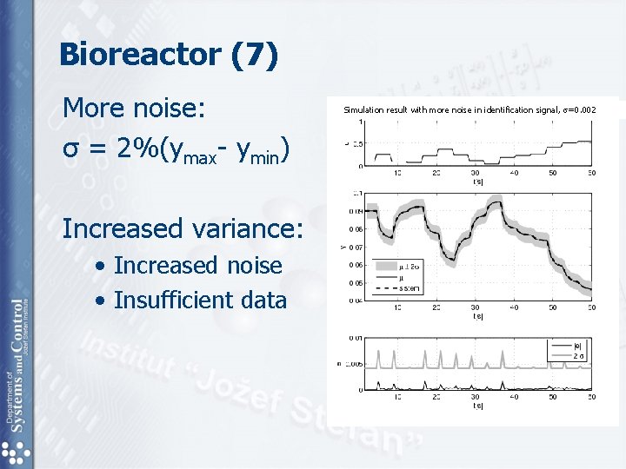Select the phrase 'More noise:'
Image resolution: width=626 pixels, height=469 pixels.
point(134,109)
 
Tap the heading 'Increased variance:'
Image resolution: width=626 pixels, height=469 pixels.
point(183,228)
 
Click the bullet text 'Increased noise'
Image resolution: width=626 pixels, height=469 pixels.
point(198,265)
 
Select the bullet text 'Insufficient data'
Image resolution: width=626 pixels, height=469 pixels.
point(200,300)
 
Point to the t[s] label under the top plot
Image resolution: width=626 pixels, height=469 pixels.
point(478,182)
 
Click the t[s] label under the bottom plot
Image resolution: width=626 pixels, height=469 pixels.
point(478,406)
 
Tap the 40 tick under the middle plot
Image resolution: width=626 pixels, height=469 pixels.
point(515,307)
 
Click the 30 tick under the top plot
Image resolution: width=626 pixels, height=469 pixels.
point(476,173)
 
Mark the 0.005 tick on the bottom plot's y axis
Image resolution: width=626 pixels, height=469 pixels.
point(355,364)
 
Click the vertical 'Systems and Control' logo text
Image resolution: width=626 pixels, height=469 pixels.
point(18,365)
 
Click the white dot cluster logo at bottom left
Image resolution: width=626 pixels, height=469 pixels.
point(17,452)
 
